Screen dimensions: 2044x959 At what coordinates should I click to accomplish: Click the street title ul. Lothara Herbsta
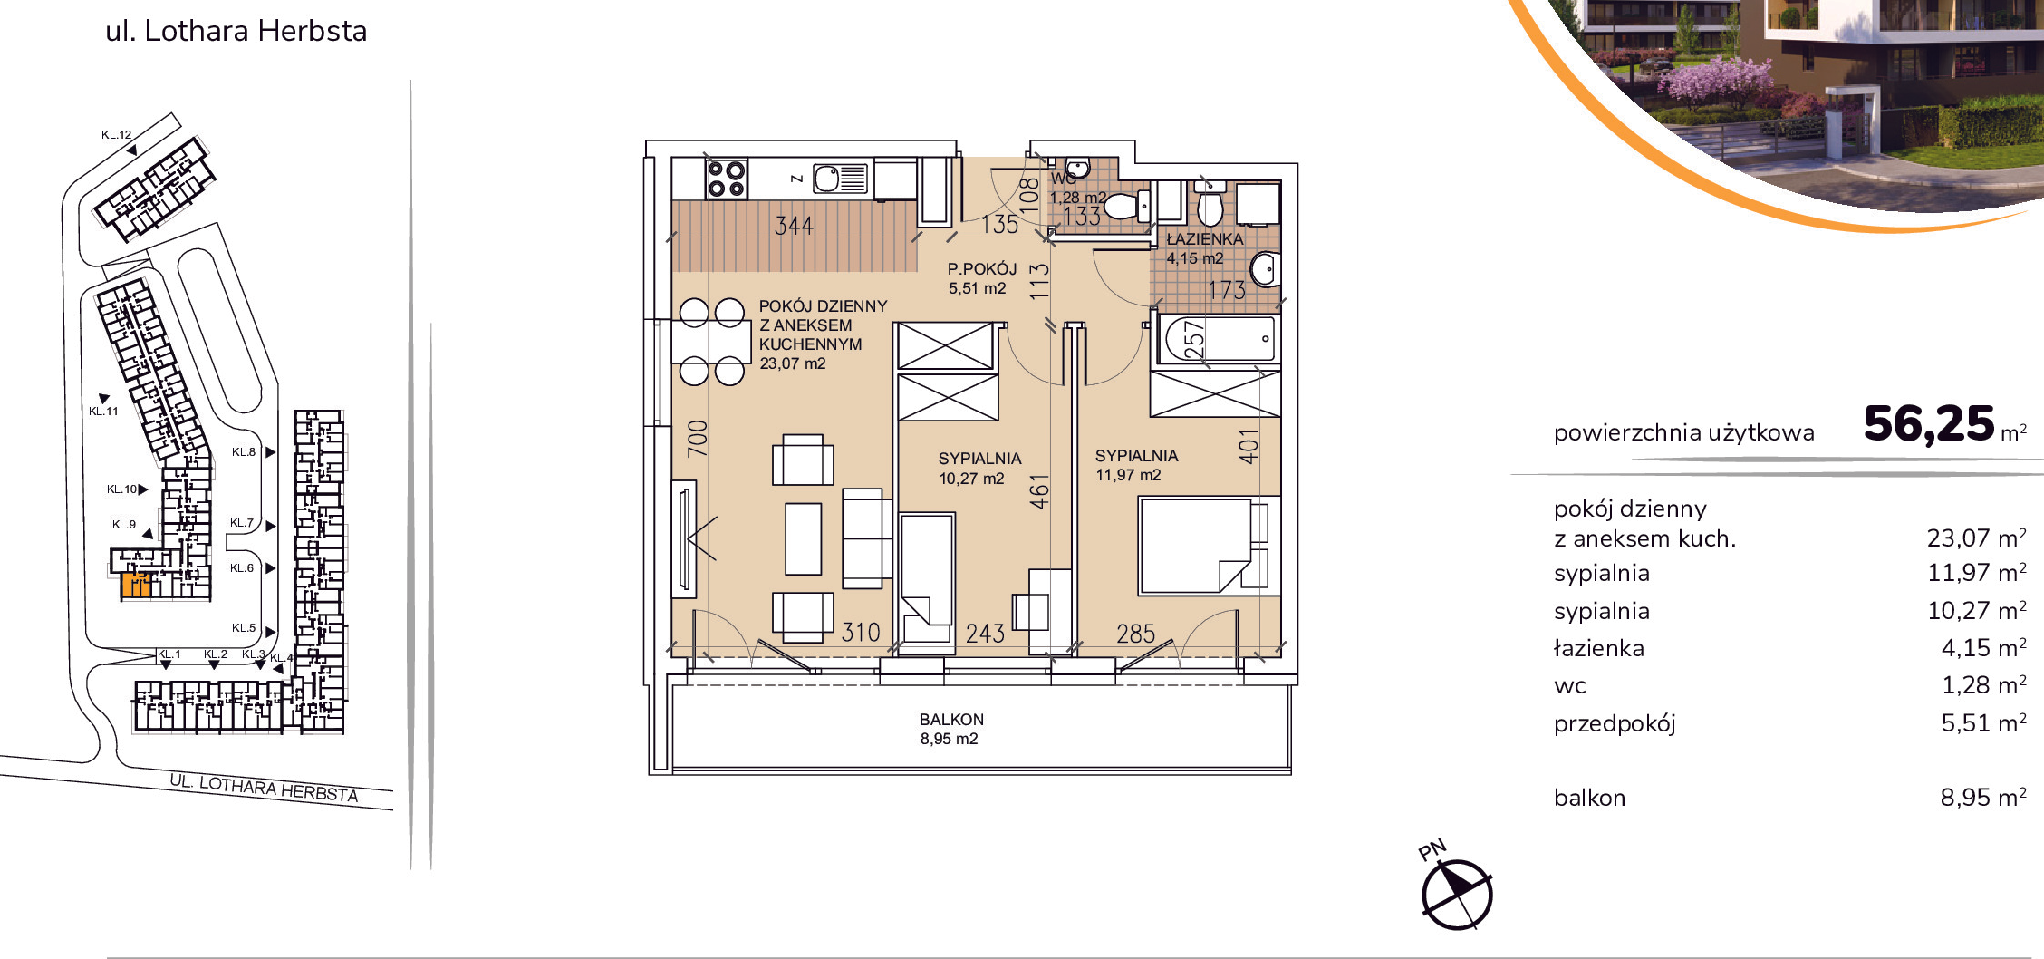[236, 31]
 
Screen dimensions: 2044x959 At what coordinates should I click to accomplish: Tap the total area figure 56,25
[1929, 424]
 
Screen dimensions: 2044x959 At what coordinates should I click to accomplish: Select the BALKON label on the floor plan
[951, 720]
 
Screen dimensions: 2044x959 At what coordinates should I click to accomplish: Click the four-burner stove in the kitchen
[727, 179]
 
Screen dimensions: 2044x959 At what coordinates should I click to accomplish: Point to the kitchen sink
[841, 179]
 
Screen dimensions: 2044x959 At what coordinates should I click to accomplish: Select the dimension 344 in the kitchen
[794, 226]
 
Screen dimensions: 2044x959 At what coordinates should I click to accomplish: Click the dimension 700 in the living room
[697, 439]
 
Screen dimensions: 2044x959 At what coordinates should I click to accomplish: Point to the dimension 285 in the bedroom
[1135, 634]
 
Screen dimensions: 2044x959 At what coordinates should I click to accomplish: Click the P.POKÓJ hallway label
[982, 269]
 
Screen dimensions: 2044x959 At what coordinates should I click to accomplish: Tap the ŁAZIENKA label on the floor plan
[1205, 239]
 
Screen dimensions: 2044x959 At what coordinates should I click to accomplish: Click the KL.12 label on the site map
[116, 135]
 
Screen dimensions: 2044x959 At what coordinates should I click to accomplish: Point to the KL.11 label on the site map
[103, 412]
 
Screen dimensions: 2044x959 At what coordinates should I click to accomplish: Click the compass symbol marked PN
[1456, 894]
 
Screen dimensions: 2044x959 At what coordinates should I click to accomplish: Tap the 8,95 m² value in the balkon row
[1983, 798]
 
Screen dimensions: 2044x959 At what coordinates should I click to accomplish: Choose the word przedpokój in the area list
[1615, 724]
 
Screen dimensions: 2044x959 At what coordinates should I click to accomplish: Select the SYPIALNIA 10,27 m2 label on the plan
[979, 469]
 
